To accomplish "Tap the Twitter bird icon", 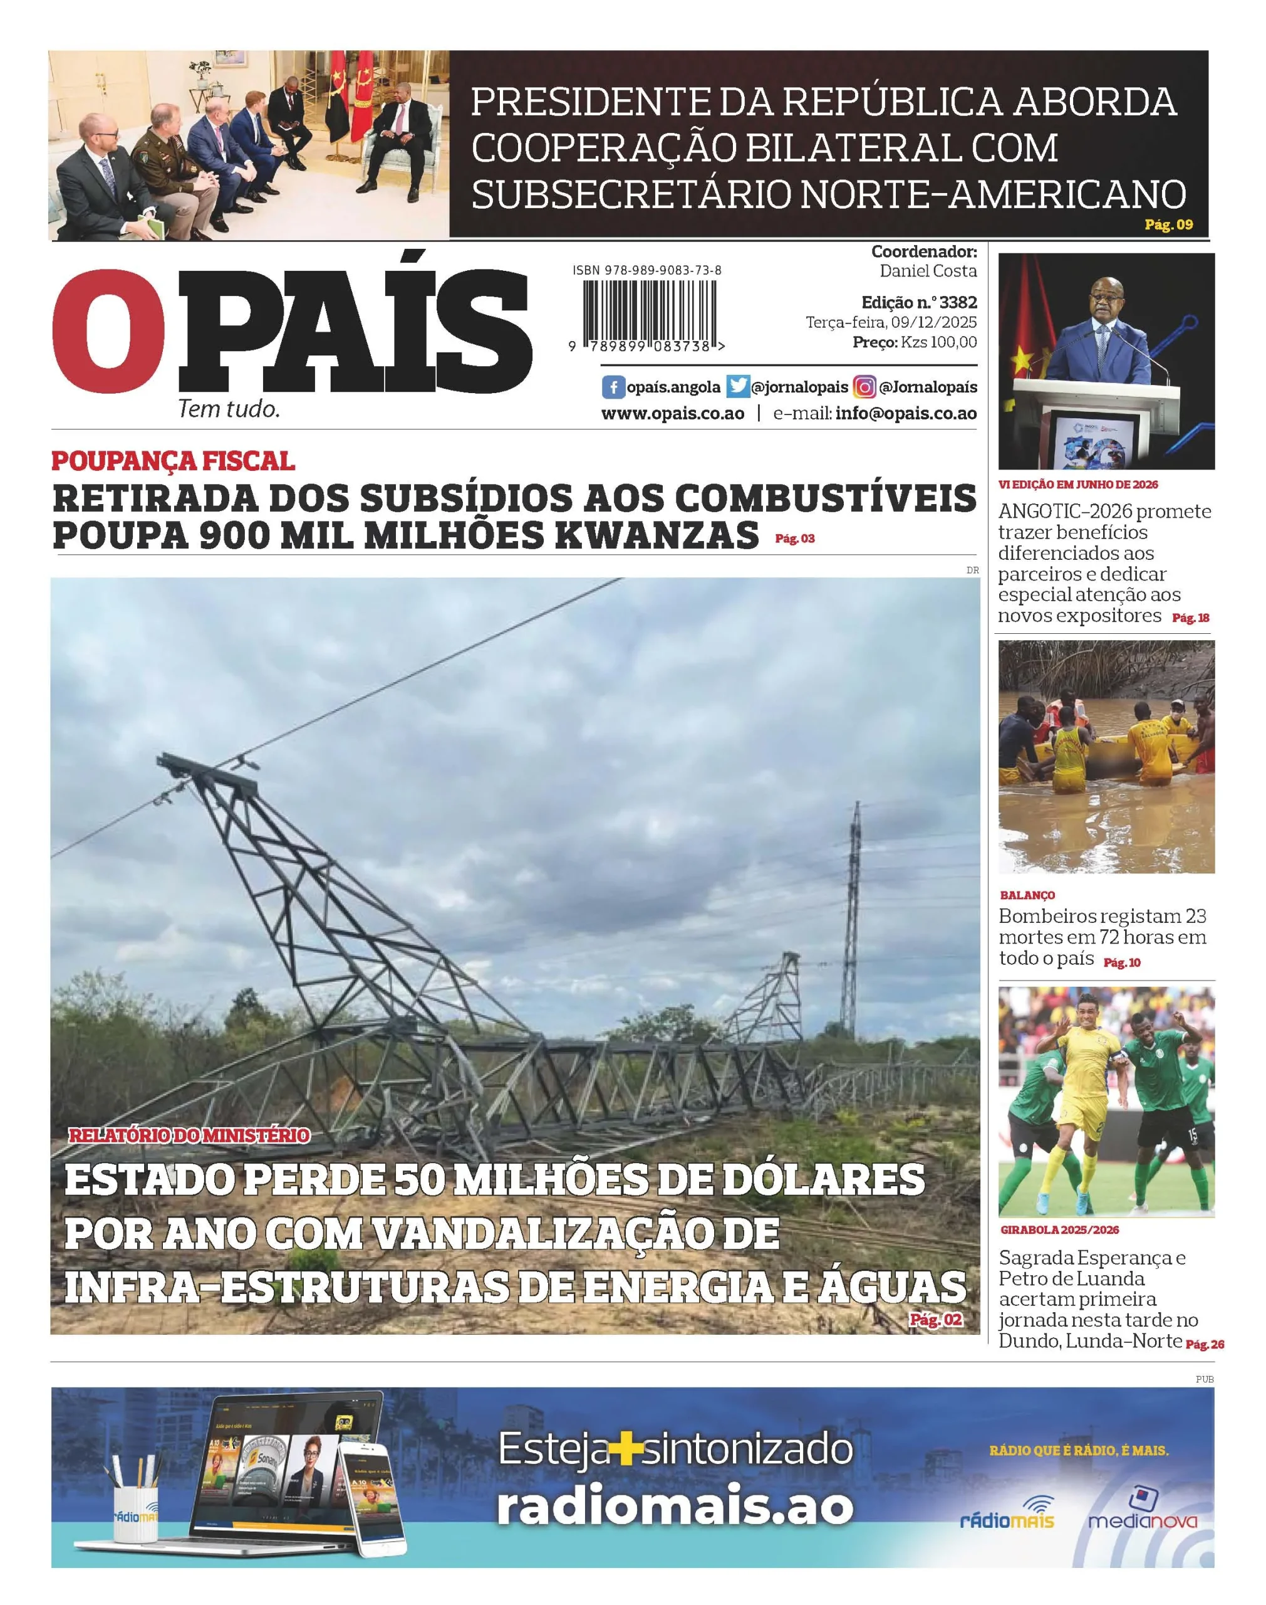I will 737,386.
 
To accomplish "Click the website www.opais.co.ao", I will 672,413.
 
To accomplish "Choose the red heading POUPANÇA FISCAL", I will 173,461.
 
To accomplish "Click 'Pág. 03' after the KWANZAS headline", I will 794,539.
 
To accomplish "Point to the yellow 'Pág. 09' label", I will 1168,224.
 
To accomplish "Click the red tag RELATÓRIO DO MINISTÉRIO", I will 189,1135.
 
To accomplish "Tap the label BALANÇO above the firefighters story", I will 1027,895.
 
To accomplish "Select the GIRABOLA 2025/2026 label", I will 1059,1229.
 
